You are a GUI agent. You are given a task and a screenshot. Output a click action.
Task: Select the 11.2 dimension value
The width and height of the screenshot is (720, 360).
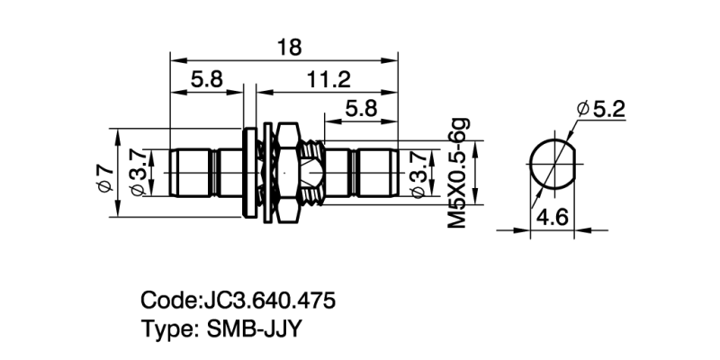(328, 79)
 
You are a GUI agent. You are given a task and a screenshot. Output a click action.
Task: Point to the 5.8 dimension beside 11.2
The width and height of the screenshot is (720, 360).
(206, 79)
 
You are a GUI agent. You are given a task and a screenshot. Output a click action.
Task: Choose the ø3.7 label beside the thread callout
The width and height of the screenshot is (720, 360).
(418, 172)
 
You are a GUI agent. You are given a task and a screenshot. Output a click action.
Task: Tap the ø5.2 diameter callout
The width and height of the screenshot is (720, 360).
(600, 109)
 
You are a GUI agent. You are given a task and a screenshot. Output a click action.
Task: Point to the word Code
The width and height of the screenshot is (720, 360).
(166, 300)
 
